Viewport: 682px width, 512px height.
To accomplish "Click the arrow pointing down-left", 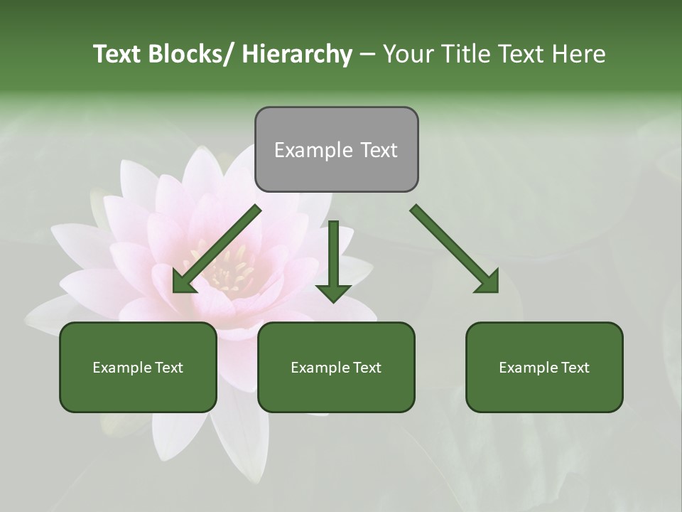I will point(217,250).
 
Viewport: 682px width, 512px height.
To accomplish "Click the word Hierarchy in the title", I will point(297,54).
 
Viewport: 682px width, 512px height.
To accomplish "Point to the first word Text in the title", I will point(115,54).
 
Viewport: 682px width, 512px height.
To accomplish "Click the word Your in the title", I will point(408,54).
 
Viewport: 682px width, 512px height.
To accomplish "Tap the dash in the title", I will point(367,54).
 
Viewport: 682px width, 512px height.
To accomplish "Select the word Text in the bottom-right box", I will point(575,368).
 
